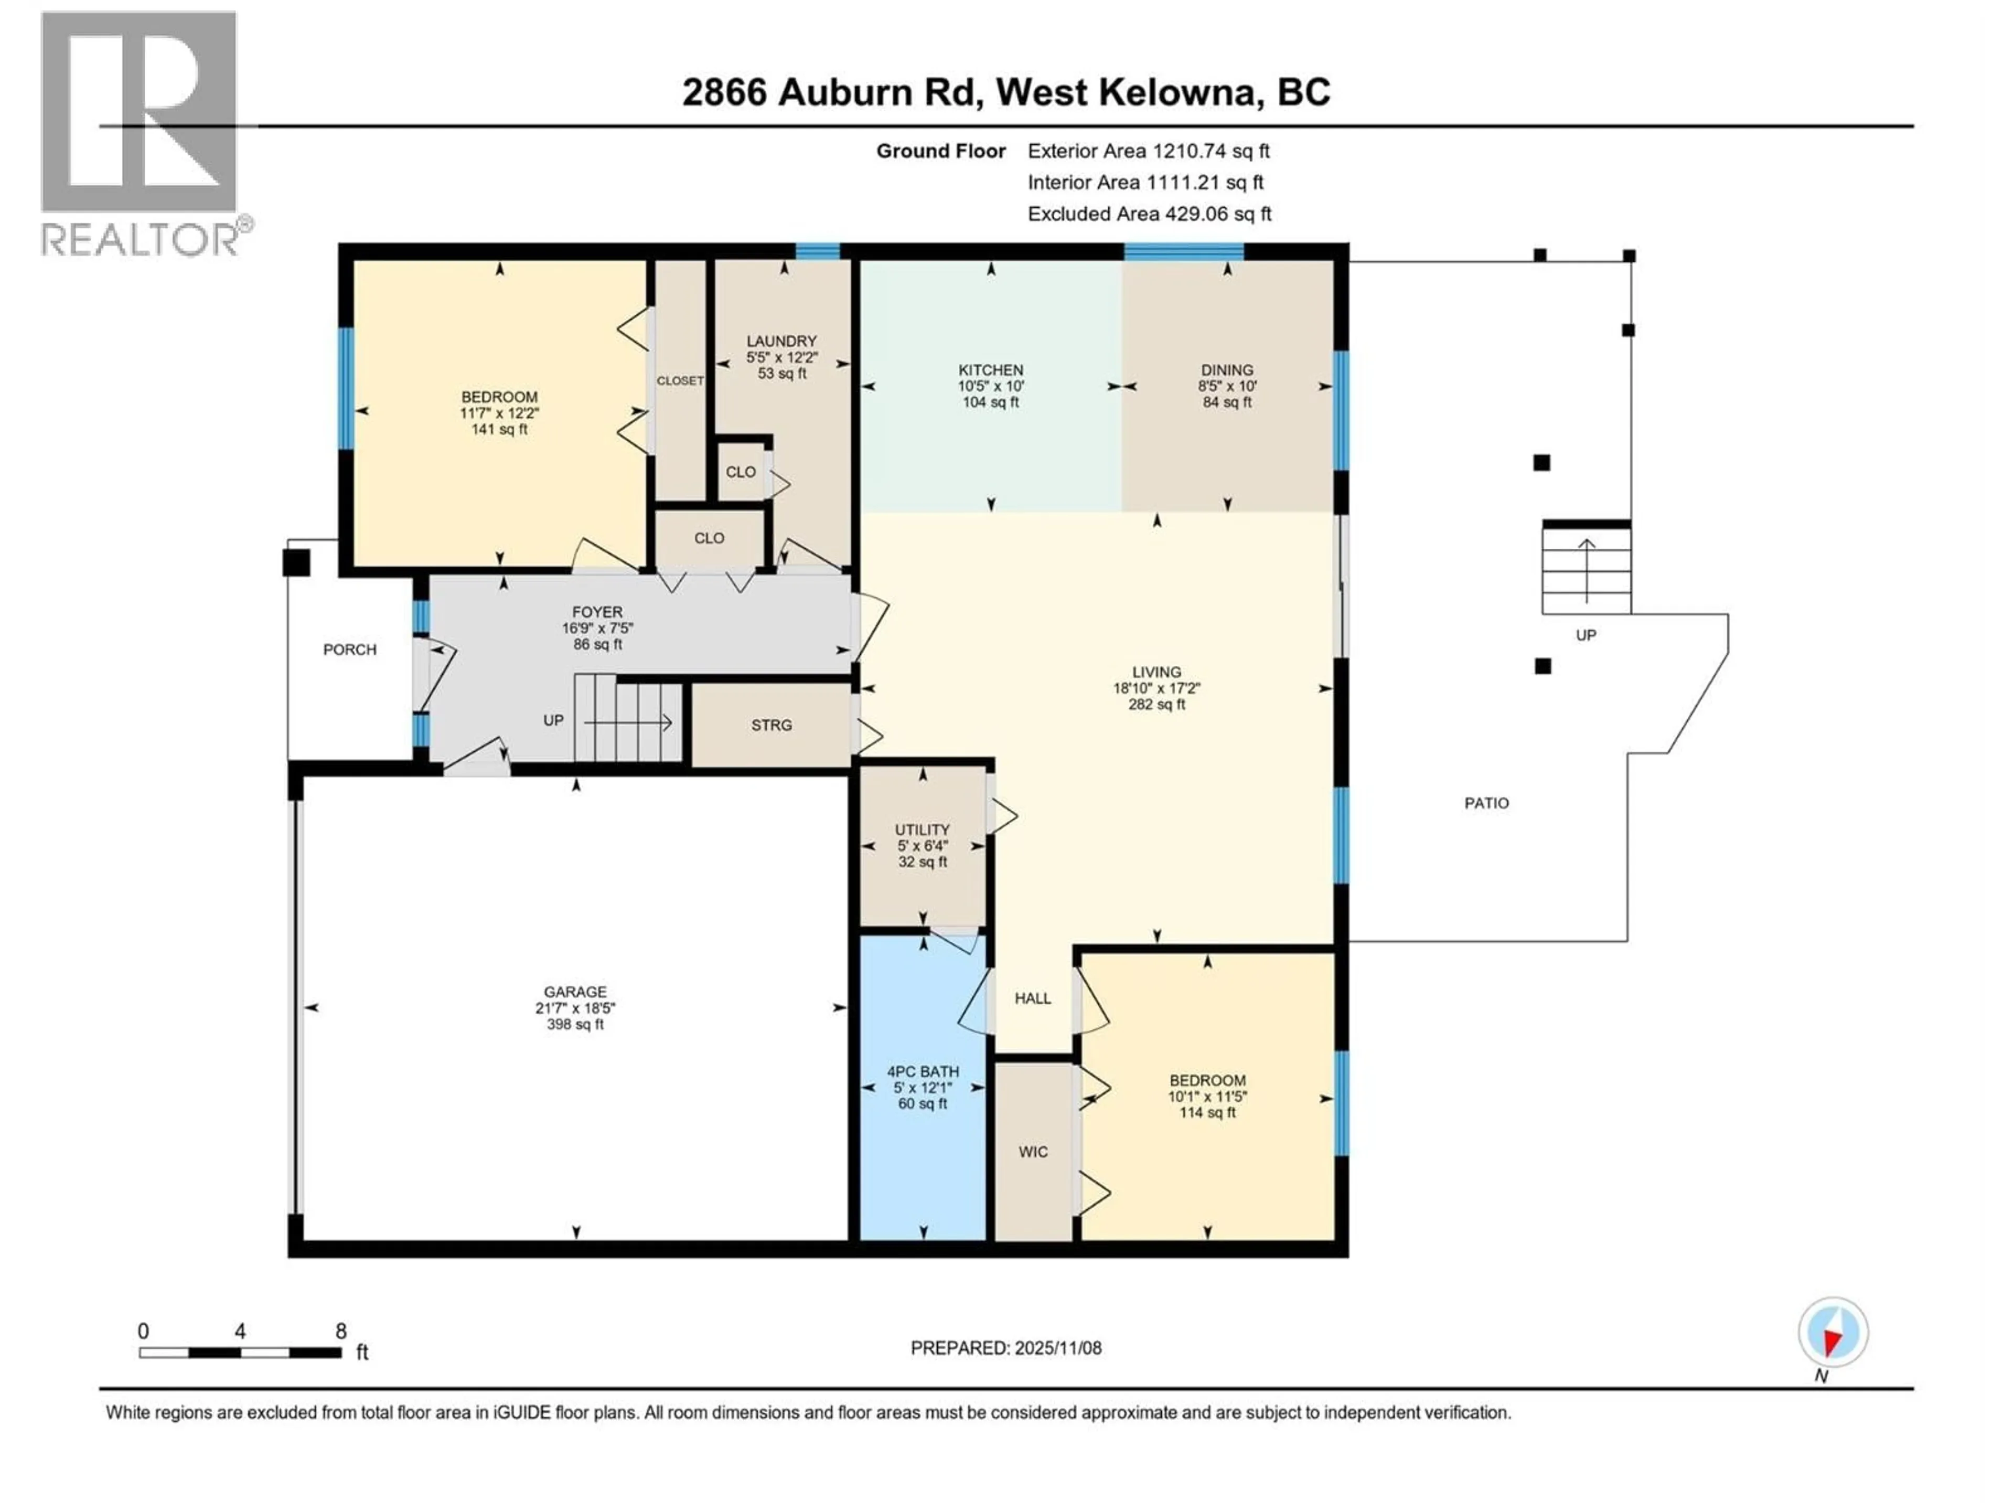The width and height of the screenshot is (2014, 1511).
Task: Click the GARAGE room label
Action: (x=574, y=992)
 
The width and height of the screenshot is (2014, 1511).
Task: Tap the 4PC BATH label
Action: (x=923, y=1071)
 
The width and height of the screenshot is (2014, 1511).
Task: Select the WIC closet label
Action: (x=1033, y=1152)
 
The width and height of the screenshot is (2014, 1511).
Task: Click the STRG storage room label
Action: (x=771, y=725)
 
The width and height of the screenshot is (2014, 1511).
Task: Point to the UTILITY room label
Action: (x=923, y=829)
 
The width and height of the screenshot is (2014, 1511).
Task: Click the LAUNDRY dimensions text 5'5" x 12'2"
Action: (x=781, y=358)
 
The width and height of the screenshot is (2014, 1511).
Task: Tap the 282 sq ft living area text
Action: (x=1156, y=704)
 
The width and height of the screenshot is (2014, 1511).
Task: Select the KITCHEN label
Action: (x=991, y=370)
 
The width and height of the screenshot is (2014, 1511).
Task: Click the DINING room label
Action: (x=1226, y=370)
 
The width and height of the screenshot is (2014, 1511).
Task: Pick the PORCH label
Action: (x=350, y=650)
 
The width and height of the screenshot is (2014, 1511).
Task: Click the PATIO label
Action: (x=1486, y=803)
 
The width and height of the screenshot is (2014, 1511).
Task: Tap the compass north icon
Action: (x=1833, y=1333)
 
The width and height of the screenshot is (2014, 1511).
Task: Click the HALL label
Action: (x=1033, y=998)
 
